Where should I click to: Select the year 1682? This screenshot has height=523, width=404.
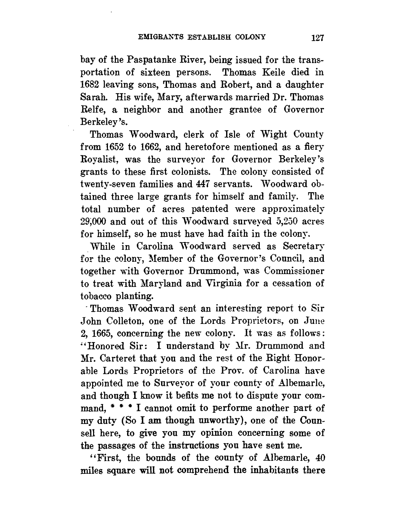[x=91, y=85]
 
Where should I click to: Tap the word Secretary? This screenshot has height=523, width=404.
[x=303, y=246]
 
